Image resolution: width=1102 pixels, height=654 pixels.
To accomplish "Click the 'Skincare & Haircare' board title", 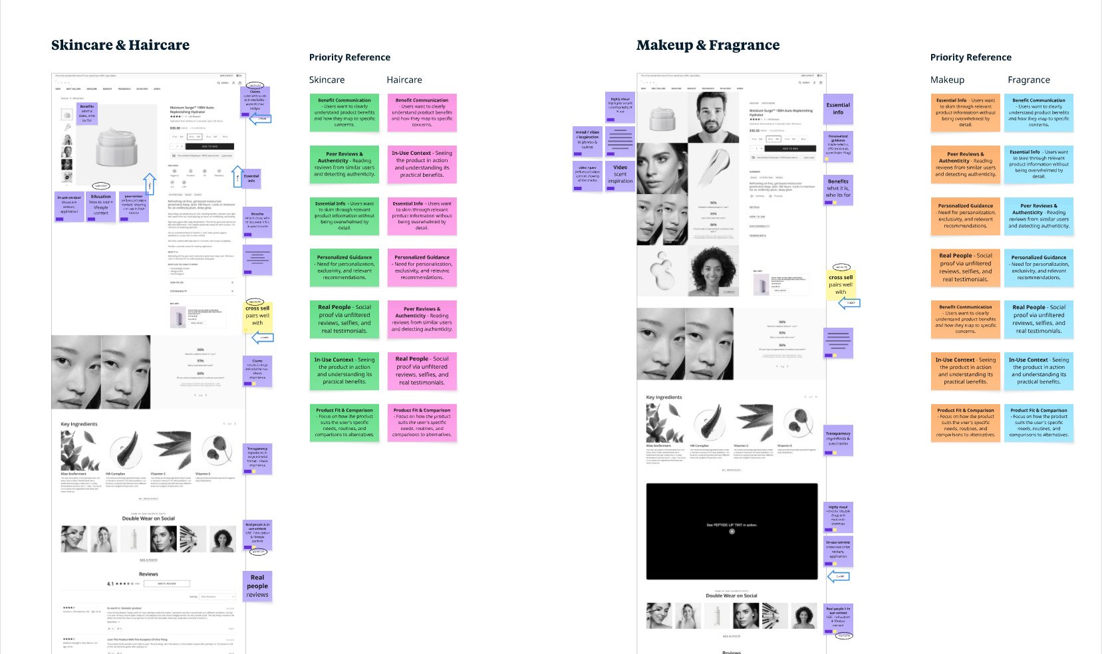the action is click(x=120, y=45).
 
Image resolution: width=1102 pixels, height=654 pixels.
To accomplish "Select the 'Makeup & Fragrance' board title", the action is click(x=708, y=45).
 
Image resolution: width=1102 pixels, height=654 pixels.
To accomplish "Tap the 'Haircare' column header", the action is click(x=404, y=80).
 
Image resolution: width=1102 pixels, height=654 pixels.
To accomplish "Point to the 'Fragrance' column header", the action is click(x=1028, y=80).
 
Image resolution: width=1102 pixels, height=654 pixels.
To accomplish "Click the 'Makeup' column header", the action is click(x=947, y=80).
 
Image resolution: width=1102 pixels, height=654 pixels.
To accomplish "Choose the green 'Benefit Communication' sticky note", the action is click(x=344, y=112).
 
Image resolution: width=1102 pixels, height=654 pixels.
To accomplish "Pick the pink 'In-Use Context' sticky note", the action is click(x=422, y=163).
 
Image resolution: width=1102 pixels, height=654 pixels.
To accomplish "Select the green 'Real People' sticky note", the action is click(x=344, y=318).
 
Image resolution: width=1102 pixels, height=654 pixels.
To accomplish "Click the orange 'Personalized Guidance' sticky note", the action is click(x=965, y=215).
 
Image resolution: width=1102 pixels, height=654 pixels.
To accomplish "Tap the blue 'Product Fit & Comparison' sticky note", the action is click(x=1038, y=423).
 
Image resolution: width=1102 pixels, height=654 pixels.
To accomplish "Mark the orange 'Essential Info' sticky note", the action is click(x=965, y=112).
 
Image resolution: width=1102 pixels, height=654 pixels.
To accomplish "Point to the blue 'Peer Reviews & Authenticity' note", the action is click(x=1038, y=215).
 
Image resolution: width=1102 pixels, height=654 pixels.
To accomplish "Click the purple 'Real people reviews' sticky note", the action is click(x=257, y=586).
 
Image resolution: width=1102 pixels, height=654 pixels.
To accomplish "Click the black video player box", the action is click(x=732, y=531).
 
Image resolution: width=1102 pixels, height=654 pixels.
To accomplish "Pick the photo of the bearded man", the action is click(x=713, y=117).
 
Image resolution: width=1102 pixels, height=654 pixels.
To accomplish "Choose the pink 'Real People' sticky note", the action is click(x=422, y=371).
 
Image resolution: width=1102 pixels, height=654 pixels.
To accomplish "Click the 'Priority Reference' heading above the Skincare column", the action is click(x=349, y=57).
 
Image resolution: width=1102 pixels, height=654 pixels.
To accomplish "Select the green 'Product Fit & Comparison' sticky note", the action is click(x=344, y=423).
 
